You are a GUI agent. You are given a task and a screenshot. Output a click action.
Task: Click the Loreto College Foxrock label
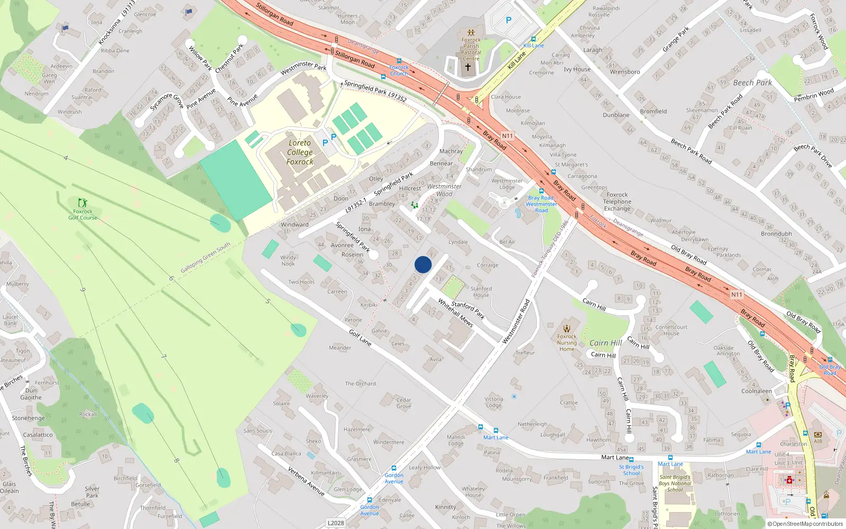point(300,152)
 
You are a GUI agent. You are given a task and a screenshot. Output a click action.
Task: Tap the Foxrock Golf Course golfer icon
point(82,203)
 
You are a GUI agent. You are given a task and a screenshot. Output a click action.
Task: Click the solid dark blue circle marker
point(423,264)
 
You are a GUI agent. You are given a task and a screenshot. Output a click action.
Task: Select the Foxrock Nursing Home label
point(567,343)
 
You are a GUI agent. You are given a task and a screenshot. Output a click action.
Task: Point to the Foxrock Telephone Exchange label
point(617,202)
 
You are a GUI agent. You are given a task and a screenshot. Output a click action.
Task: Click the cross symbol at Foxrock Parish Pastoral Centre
point(467,67)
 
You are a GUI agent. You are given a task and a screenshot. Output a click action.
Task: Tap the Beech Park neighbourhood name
point(752,83)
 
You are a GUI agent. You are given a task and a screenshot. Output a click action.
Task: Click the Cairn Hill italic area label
point(605,343)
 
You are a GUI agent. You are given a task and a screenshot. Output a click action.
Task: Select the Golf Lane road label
point(360,337)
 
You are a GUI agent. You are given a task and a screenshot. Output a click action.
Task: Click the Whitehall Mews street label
point(455,312)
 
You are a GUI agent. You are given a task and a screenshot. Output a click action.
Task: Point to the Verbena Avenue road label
point(306,480)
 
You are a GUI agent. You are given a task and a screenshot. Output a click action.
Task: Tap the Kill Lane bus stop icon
point(533,39)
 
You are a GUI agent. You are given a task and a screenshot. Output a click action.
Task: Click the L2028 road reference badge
point(336,523)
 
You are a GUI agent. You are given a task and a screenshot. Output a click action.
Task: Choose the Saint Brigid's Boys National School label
point(675,483)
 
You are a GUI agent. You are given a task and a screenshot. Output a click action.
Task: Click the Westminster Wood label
point(444,190)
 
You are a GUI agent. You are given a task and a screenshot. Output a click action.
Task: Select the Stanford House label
point(481,292)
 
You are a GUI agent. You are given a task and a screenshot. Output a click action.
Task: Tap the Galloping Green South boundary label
point(205,258)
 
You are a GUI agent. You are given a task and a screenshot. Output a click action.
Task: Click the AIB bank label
point(818,441)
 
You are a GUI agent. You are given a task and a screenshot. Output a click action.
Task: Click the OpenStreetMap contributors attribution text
point(805,524)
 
